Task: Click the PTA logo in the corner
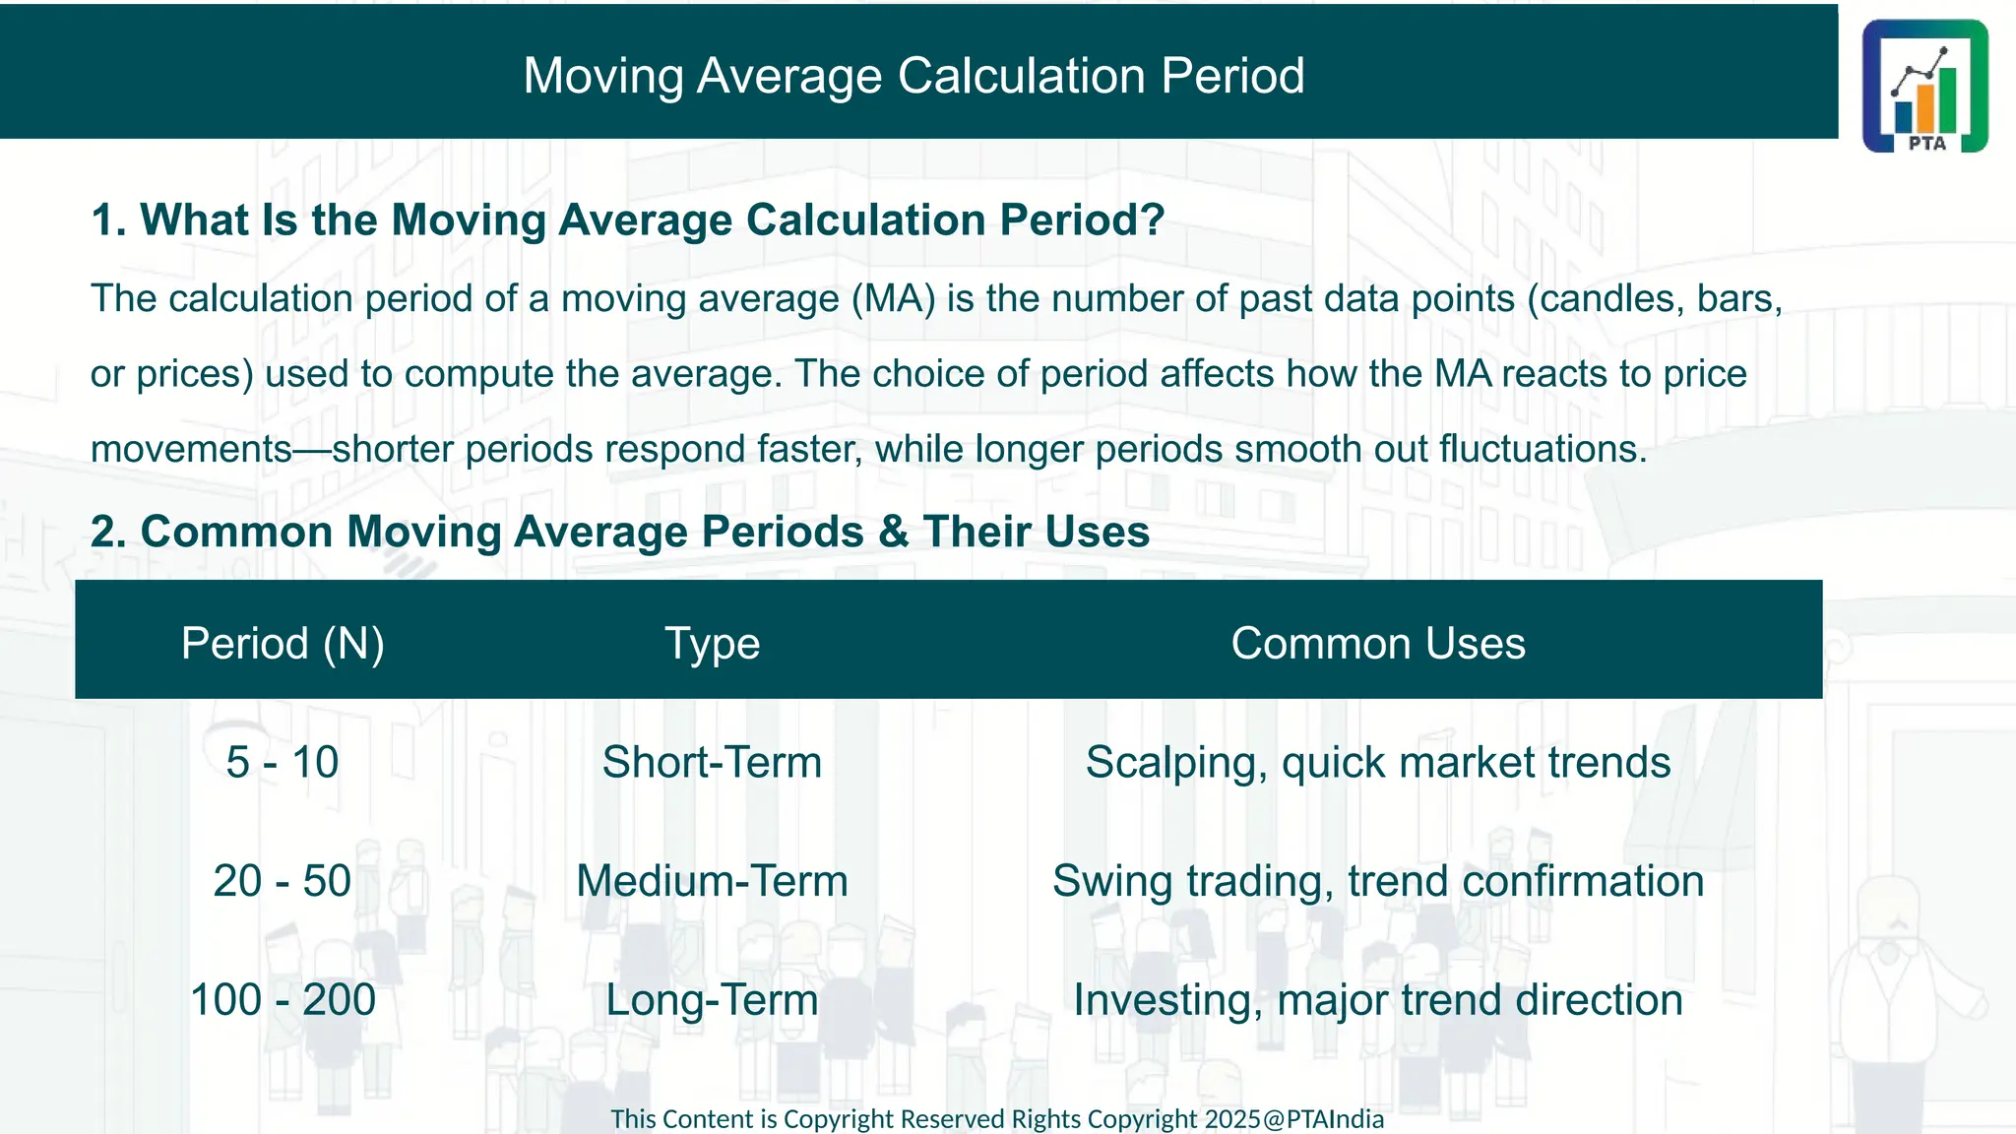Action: (x=1924, y=87)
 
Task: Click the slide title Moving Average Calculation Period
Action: (x=913, y=76)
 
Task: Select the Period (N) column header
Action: (x=283, y=644)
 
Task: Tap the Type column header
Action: (x=712, y=644)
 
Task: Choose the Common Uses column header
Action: (x=1377, y=644)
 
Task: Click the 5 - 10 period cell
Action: (x=283, y=763)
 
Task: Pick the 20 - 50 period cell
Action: (x=283, y=881)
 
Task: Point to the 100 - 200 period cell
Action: (x=283, y=1000)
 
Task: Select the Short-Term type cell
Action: (x=712, y=763)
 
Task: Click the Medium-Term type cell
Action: (x=712, y=881)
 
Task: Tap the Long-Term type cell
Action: (x=712, y=1000)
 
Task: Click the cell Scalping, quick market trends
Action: (x=1377, y=763)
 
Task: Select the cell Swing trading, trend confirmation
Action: (x=1377, y=881)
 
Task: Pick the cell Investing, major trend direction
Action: (x=1377, y=1000)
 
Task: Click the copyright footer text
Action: (x=996, y=1119)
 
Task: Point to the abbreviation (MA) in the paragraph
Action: (x=893, y=299)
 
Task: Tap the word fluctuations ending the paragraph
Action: (x=1541, y=450)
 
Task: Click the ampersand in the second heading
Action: (x=893, y=533)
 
